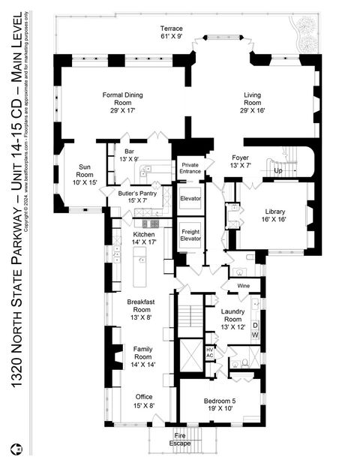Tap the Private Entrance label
[x=190, y=167]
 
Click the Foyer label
[x=239, y=161]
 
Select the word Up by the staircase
[x=280, y=171]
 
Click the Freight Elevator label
[x=190, y=236]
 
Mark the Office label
[x=143, y=401]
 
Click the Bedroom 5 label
[x=220, y=405]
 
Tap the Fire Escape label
[x=180, y=439]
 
